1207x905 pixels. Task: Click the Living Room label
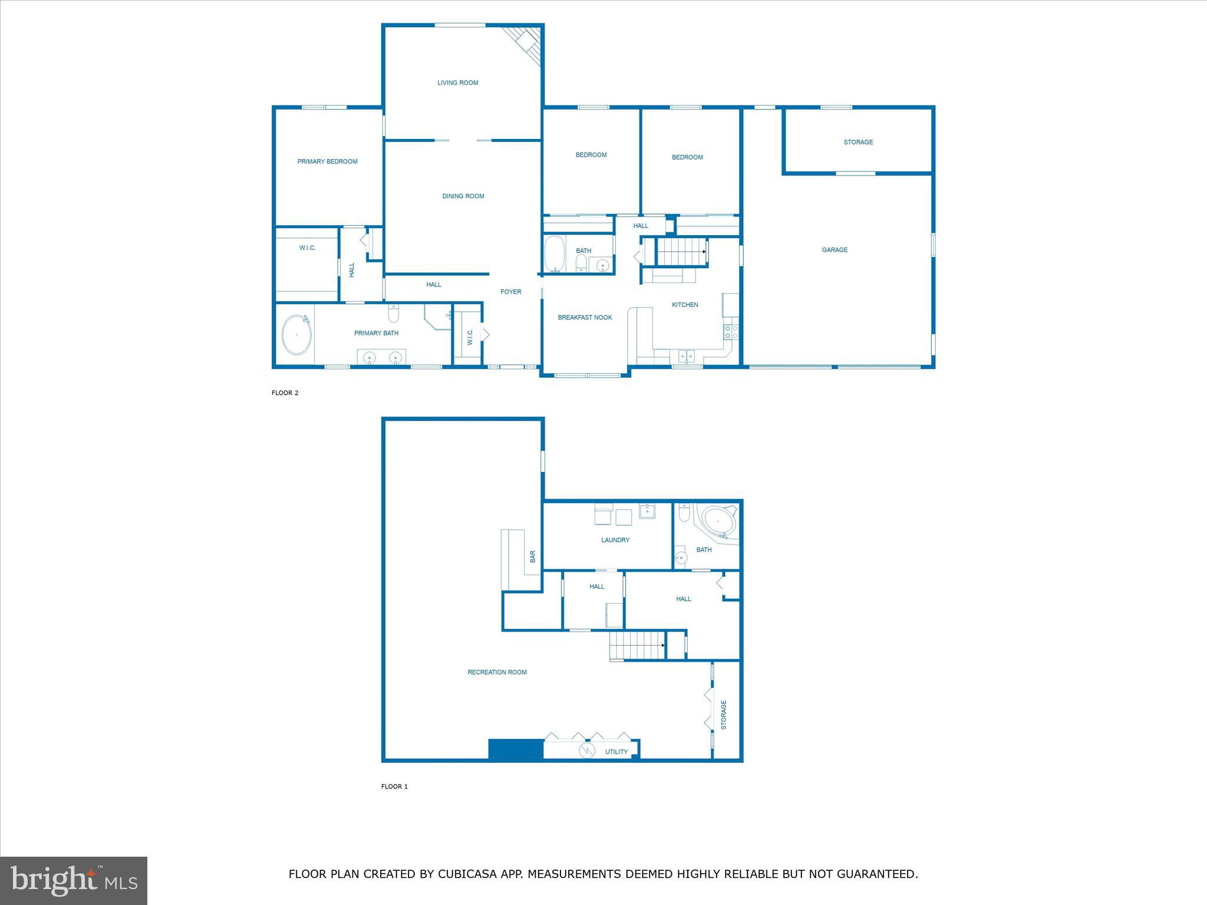pyautogui.click(x=457, y=83)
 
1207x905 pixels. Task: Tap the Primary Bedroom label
pyautogui.click(x=327, y=161)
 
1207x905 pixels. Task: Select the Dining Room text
pyautogui.click(x=463, y=196)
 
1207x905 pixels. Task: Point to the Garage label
pyautogui.click(x=835, y=250)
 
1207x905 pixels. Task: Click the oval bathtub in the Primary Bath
pyautogui.click(x=296, y=335)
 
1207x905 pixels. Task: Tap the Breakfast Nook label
pyautogui.click(x=585, y=318)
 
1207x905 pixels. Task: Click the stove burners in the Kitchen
pyautogui.click(x=731, y=332)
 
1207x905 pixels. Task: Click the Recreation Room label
pyautogui.click(x=497, y=672)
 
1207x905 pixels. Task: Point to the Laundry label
pyautogui.click(x=615, y=540)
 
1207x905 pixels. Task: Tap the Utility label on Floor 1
pyautogui.click(x=616, y=752)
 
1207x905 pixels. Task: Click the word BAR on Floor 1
pyautogui.click(x=533, y=556)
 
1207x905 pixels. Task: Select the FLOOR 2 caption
pyautogui.click(x=285, y=393)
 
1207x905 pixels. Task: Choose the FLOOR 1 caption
pyautogui.click(x=394, y=787)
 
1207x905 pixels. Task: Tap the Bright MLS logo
pyautogui.click(x=74, y=881)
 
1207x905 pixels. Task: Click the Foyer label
pyautogui.click(x=510, y=292)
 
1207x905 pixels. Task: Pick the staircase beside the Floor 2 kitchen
pyautogui.click(x=681, y=252)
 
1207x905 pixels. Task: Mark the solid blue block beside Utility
pyautogui.click(x=516, y=749)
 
